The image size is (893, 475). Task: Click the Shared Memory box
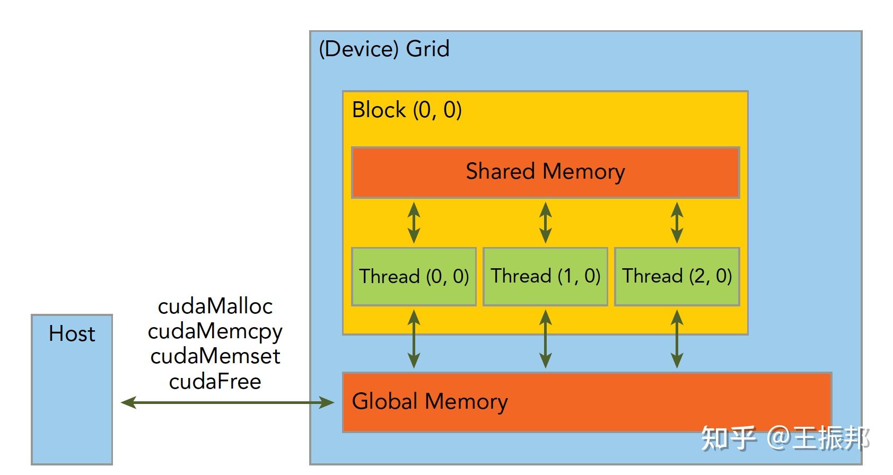click(545, 172)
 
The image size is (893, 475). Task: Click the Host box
click(72, 390)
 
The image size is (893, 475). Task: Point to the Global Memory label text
click(430, 401)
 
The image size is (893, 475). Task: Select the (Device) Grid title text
click(384, 49)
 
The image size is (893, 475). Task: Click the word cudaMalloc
click(215, 306)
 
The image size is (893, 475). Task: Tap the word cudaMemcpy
click(215, 332)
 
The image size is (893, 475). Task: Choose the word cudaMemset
click(215, 356)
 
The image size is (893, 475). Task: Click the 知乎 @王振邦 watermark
click(785, 439)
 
